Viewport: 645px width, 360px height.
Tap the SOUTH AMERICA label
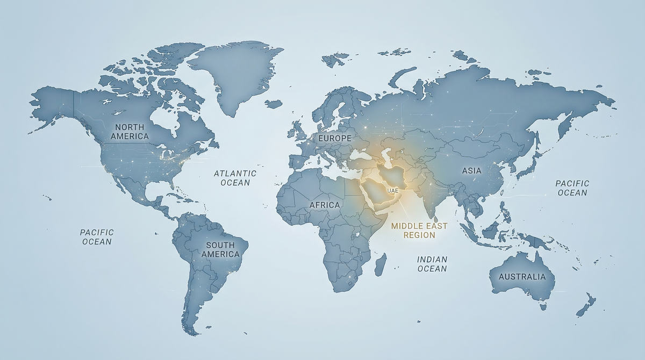point(220,249)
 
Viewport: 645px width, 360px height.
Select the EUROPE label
point(334,139)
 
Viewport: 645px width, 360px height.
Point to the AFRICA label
point(325,205)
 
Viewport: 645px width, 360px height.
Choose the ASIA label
point(472,171)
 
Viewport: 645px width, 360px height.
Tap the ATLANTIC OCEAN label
point(235,178)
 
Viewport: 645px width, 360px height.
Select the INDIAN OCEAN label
point(432,264)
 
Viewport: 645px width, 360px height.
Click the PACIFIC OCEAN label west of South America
point(97,237)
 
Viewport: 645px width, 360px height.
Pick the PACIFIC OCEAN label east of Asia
point(572,188)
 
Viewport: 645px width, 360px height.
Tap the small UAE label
point(392,191)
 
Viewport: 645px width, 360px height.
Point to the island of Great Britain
point(299,128)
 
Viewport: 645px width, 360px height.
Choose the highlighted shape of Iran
point(395,175)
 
